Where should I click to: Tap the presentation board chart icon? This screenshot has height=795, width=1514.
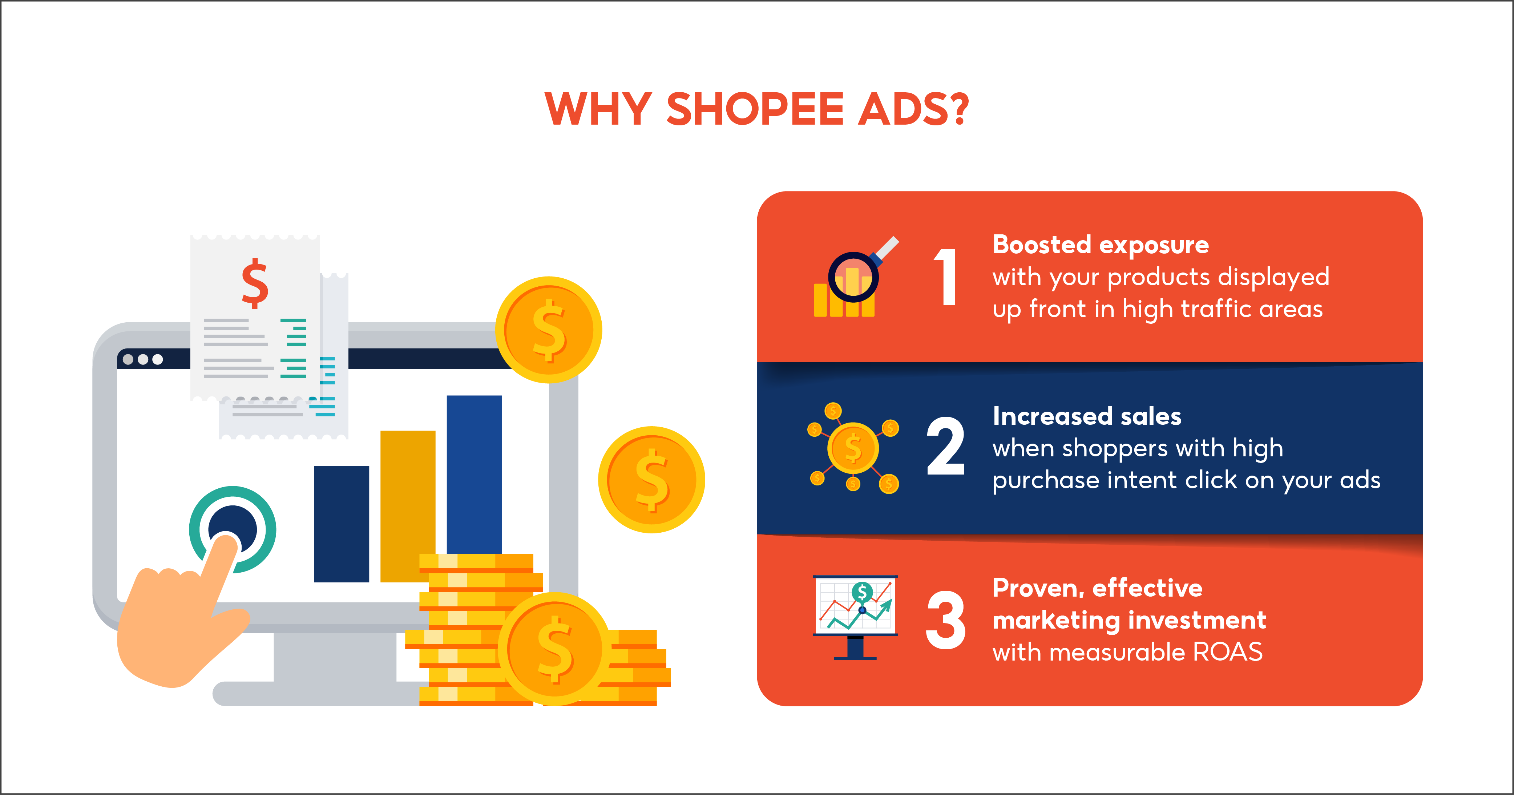[855, 614]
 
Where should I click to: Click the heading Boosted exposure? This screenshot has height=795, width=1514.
[1100, 245]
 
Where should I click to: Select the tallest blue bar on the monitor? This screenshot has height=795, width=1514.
[474, 470]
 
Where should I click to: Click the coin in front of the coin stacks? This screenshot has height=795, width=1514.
[554, 649]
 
